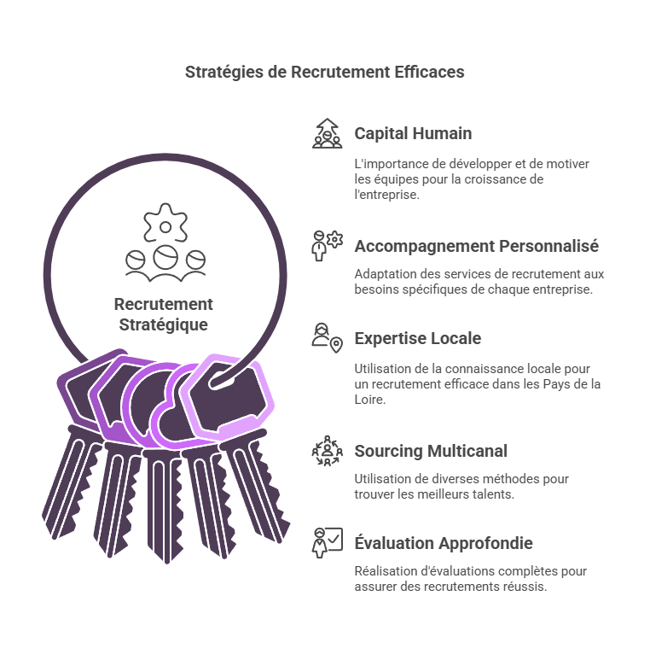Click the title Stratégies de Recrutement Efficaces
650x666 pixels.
coord(325,72)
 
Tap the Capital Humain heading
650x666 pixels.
coord(413,133)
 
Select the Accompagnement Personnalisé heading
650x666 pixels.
coord(477,247)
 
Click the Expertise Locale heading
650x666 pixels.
coord(418,338)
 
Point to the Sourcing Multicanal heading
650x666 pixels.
coord(431,451)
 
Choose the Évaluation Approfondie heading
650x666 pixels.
coord(444,543)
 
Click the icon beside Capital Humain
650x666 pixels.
coord(327,133)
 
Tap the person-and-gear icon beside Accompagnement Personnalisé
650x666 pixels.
coord(327,246)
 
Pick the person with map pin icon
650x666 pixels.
coord(327,338)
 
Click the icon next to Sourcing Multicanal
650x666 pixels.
coord(327,451)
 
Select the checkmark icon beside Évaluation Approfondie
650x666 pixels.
coord(327,543)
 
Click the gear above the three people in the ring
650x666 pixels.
coord(165,223)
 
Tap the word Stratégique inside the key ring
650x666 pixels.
coord(163,325)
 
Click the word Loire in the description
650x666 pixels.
coord(369,400)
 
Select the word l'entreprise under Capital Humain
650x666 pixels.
coord(387,195)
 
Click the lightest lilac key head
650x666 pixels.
coord(228,396)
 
